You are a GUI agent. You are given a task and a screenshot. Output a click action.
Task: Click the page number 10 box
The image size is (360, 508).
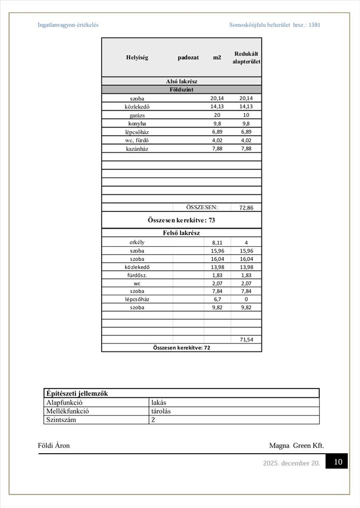(x=337, y=461)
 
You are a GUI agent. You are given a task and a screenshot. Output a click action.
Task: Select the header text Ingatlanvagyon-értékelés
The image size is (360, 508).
(x=68, y=25)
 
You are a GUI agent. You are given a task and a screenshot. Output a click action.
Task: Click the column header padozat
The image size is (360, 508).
(x=188, y=58)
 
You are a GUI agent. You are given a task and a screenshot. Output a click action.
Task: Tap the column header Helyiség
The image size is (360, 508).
(x=137, y=58)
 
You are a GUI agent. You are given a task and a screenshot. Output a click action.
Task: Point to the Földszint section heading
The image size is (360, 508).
(x=182, y=89)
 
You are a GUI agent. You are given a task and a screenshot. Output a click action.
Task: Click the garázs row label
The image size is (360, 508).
(x=137, y=115)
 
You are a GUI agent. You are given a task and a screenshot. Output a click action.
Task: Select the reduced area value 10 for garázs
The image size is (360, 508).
(x=246, y=115)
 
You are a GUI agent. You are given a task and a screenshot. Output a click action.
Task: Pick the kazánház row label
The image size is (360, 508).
(x=137, y=149)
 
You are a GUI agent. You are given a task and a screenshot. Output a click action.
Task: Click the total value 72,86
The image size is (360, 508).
(x=246, y=208)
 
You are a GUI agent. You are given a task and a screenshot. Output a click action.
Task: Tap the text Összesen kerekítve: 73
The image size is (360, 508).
(x=182, y=220)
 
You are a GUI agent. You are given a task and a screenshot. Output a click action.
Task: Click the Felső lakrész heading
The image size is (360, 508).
(x=182, y=233)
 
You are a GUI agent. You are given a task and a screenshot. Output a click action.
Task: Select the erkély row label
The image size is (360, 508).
(x=137, y=242)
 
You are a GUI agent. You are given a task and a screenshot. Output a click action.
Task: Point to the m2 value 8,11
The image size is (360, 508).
(x=217, y=243)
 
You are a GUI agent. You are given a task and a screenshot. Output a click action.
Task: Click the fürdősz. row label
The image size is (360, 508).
(x=137, y=275)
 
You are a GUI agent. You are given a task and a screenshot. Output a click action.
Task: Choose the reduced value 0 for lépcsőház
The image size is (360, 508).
(x=246, y=300)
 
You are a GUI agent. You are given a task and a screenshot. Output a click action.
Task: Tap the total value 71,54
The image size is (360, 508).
(x=246, y=339)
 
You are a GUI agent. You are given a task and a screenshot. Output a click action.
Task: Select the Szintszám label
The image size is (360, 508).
(x=64, y=420)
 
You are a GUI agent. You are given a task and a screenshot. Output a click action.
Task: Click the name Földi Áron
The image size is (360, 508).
(x=54, y=446)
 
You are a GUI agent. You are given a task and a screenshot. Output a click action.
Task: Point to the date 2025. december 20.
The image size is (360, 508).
(x=291, y=463)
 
